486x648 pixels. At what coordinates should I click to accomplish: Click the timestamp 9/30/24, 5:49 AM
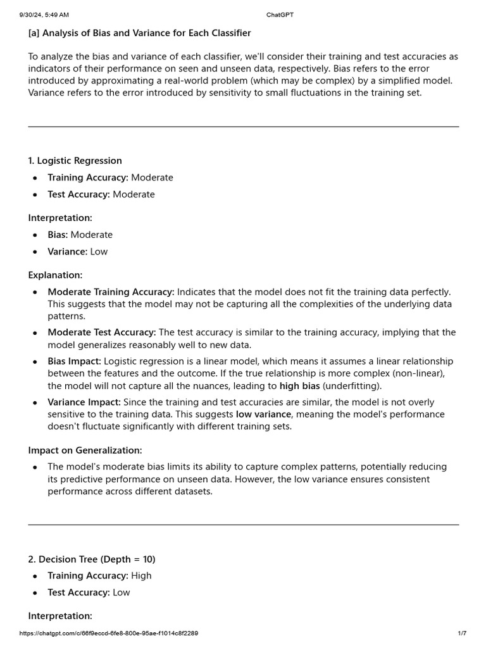tap(44, 15)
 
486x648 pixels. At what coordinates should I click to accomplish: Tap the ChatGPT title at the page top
tap(280, 15)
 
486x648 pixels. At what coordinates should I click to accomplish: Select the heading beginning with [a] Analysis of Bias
tap(139, 33)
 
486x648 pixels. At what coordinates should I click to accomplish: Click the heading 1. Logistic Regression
tap(75, 161)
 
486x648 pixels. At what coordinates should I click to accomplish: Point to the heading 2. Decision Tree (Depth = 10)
tap(91, 559)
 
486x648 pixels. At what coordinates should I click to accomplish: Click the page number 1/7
tap(462, 633)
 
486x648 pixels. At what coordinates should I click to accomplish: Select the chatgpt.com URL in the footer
tap(109, 633)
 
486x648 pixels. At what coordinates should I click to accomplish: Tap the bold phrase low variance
tap(263, 414)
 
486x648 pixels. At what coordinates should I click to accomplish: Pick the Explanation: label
tap(55, 275)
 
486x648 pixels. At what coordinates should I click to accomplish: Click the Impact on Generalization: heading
tap(85, 451)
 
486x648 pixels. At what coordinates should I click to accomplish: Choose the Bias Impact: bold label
tap(74, 361)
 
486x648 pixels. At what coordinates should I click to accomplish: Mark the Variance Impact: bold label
tap(84, 402)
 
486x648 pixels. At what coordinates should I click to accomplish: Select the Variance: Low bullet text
tap(77, 252)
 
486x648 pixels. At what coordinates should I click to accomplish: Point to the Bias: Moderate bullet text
tap(80, 235)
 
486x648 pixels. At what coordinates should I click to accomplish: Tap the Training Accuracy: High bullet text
tap(99, 576)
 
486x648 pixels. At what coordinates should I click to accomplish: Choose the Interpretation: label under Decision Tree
tap(60, 616)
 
